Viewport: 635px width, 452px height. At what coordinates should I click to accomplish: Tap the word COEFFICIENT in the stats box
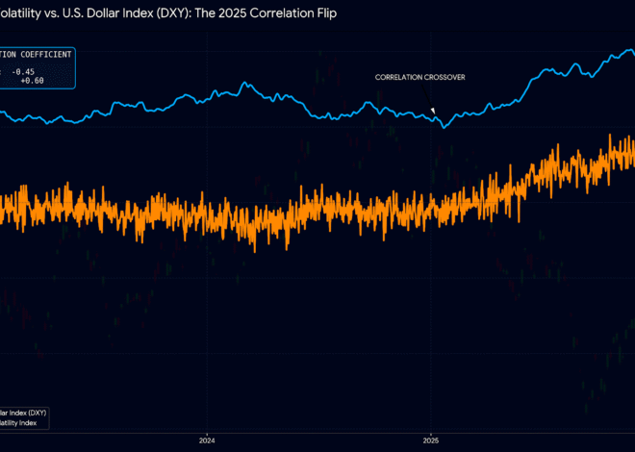click(44, 55)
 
